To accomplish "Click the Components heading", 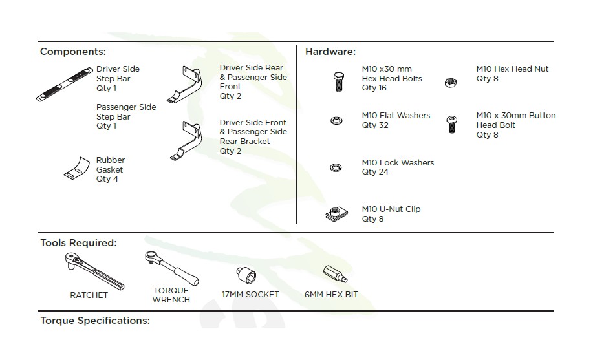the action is tap(73, 52).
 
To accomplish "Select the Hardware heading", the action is tap(330, 52).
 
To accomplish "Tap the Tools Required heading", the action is tap(79, 243).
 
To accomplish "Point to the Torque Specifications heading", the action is tap(95, 321).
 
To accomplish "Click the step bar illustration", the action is tap(65, 84).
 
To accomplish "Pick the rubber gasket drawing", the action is tap(77, 168).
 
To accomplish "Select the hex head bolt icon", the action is tap(338, 81).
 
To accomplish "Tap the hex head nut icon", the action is tap(450, 82).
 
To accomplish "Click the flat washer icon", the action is tap(337, 121).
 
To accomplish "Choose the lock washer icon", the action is tap(336, 167).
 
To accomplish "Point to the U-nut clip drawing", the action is tap(337, 214).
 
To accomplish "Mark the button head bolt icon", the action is tap(452, 124).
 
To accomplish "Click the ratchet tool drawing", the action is tap(94, 271).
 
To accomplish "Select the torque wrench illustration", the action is tap(172, 268).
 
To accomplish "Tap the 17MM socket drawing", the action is tap(246, 275).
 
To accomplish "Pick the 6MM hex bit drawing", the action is tap(335, 274).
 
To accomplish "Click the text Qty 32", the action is tap(375, 125).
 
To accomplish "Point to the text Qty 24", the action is tap(375, 172).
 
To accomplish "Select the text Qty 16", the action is tap(374, 88).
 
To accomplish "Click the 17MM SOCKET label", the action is tap(250, 295).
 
